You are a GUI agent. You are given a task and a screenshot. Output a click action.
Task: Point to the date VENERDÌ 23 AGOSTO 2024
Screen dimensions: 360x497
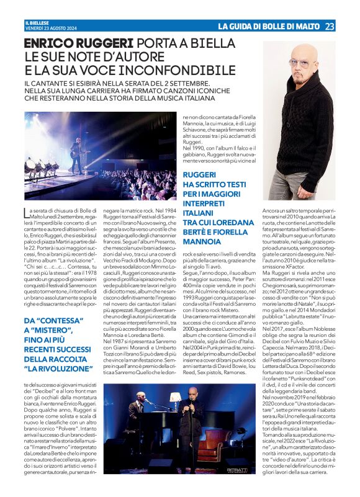(46, 29)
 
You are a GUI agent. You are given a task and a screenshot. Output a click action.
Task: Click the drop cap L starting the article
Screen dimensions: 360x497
(27, 212)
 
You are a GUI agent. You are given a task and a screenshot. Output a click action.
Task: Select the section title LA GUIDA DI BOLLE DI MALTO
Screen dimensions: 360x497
(268, 25)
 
